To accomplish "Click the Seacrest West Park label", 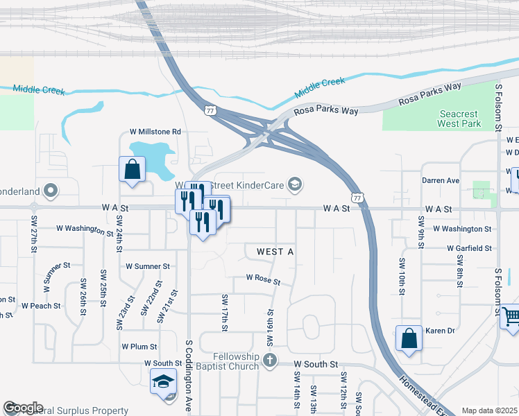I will (x=459, y=119).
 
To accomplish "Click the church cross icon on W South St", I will (x=270, y=361).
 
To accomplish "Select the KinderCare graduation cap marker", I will (x=295, y=183).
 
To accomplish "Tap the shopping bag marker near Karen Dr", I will (x=409, y=339).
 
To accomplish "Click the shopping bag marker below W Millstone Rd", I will (x=132, y=170).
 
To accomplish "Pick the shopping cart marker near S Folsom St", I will (x=511, y=318).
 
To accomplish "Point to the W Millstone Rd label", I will (x=155, y=132).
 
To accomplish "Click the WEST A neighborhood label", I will (x=275, y=252).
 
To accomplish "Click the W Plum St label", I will (x=139, y=346).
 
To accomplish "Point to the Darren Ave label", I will (x=441, y=180).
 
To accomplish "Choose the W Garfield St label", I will (x=463, y=248).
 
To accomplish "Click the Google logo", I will (x=23, y=408).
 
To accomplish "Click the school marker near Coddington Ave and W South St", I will (x=164, y=382).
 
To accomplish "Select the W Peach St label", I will (x=42, y=305).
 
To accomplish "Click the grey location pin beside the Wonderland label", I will (x=50, y=189).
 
